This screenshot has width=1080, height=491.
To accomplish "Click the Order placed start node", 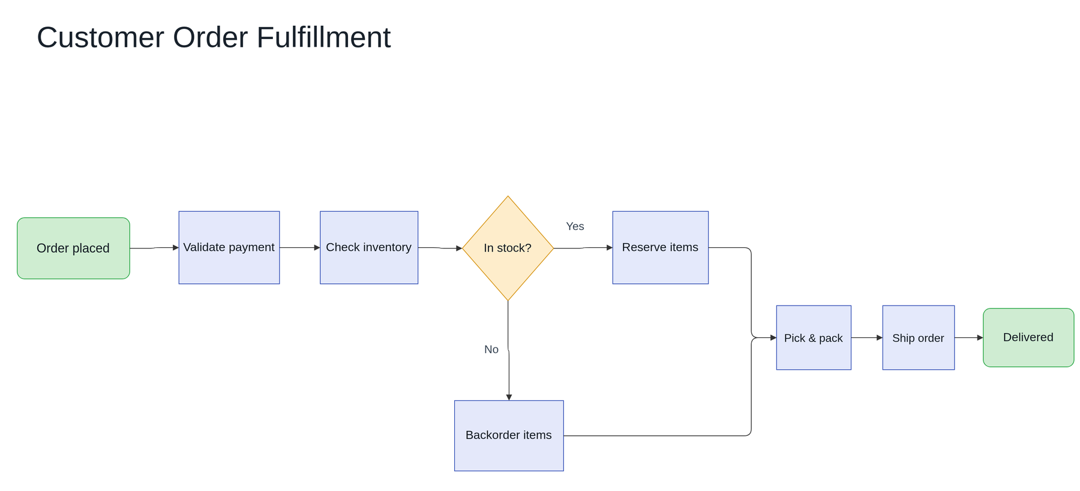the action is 73,248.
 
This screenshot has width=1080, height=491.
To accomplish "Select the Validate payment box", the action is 229,247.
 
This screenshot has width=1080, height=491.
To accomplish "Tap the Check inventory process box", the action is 369,247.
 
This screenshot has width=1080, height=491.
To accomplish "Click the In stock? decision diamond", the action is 508,248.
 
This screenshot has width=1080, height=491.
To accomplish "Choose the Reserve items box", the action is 661,247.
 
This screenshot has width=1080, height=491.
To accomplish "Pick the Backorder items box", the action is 509,436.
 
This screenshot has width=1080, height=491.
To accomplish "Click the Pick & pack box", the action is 814,337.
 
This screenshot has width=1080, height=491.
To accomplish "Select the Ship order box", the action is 919,337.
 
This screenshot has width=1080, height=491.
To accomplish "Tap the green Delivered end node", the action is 1028,337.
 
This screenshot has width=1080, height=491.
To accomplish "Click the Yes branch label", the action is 575,226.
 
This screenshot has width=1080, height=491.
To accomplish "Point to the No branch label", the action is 491,349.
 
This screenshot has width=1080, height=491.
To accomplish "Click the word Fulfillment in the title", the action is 323,37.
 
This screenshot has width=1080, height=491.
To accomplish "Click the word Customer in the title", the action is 101,37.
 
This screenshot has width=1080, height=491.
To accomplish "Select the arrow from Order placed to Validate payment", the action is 154,248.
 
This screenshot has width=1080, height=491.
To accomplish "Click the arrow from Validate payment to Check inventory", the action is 300,247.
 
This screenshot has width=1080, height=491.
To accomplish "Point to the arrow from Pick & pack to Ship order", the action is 867,337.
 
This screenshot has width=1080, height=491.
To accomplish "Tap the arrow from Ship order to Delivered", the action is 969,337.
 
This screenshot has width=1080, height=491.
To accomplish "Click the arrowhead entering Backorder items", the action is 509,397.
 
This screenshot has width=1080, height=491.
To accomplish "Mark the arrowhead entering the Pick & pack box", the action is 773,337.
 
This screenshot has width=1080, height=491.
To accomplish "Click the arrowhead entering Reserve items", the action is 610,247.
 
